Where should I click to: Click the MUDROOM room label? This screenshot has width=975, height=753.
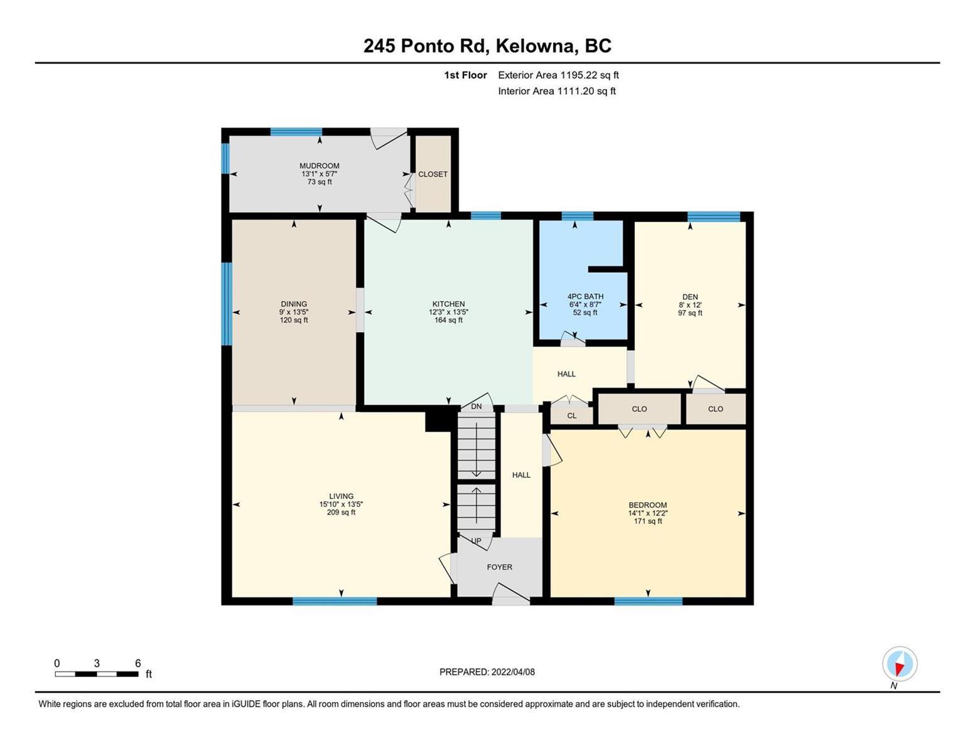coord(320,166)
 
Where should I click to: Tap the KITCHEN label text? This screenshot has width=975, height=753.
coord(448,304)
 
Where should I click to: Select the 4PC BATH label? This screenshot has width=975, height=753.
coord(585,296)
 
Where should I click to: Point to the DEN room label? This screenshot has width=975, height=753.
coord(689,296)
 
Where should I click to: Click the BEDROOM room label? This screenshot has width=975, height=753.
coord(647,505)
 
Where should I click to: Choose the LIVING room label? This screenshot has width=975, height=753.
coord(341,496)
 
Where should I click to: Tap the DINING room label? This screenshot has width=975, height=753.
coord(294,304)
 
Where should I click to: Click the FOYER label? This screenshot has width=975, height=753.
coord(499,567)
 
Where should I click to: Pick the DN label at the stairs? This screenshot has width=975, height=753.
coord(476,407)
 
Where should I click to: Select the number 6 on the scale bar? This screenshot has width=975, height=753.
coord(137,663)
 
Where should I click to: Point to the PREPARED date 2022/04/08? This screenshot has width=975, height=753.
coord(513,672)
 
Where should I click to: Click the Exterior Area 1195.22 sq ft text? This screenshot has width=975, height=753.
coord(558,75)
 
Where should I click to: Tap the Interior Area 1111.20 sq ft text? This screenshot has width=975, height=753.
coord(557,91)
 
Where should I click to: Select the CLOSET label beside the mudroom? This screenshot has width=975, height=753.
coord(433,174)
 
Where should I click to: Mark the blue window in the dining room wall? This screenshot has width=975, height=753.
coord(227,304)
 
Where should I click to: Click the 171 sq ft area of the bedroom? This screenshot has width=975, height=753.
coord(647,521)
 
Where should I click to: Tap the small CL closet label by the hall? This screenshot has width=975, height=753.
coord(572,416)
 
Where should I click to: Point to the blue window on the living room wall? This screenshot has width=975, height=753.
coord(335,601)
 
